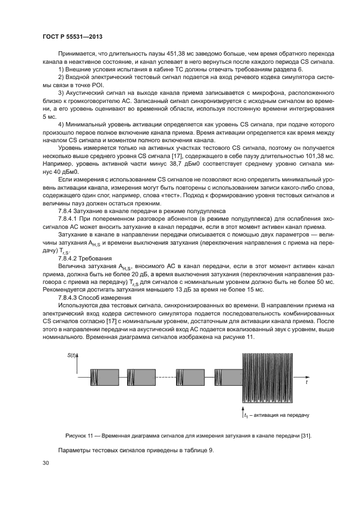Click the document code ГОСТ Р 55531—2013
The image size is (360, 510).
point(73,37)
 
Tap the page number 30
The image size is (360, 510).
point(46,463)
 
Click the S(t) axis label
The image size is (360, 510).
point(71,356)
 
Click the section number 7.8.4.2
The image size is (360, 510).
point(70,258)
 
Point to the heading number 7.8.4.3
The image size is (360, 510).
point(70,298)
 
